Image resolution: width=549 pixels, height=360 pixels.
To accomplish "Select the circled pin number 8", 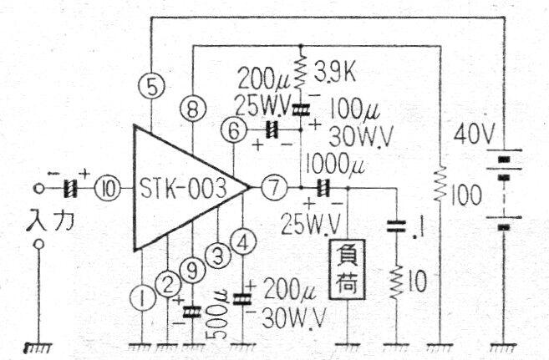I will pyautogui.click(x=193, y=109).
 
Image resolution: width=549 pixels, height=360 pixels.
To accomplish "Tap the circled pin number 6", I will pyautogui.click(x=235, y=129).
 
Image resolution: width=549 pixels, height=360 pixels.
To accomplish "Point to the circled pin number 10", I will pyautogui.click(x=108, y=188).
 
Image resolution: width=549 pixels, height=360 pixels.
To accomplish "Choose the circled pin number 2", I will pyautogui.click(x=168, y=282).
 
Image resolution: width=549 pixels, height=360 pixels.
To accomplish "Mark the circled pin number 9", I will pyautogui.click(x=193, y=271).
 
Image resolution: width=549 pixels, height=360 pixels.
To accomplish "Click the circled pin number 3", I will pyautogui.click(x=219, y=256).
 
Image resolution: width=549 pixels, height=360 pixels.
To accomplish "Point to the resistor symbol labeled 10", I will pyautogui.click(x=394, y=281).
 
